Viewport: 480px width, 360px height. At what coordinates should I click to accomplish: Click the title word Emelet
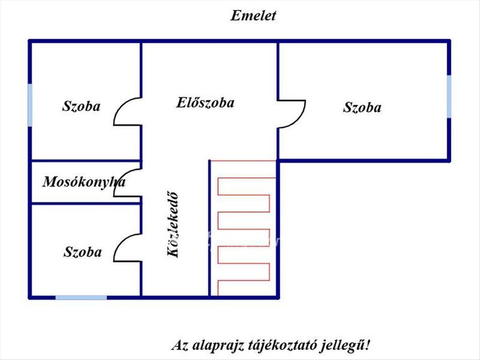coord(253,16)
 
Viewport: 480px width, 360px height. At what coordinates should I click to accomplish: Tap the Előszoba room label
coord(205,103)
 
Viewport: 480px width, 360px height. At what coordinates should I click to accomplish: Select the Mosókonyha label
coord(84,182)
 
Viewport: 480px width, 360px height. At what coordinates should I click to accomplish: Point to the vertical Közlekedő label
coord(173,225)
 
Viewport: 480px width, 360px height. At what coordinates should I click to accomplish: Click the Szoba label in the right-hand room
coord(362,108)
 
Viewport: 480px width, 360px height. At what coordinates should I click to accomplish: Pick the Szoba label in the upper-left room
coord(81,106)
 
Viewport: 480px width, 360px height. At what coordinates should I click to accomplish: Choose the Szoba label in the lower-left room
coord(82,252)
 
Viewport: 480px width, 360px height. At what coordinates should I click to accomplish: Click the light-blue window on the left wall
coord(30,105)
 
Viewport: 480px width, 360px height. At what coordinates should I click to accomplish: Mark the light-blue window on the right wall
coord(449,96)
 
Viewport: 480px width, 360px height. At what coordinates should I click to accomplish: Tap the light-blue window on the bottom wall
coord(81,297)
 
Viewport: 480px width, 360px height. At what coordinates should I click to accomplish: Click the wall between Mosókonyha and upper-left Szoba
coord(86,161)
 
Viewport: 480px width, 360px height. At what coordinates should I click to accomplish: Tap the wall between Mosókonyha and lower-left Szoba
coord(86,204)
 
